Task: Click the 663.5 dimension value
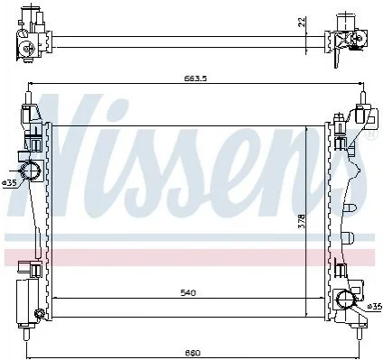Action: (195, 78)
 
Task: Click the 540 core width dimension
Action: (188, 292)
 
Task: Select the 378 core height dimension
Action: (302, 221)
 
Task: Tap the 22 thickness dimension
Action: (302, 22)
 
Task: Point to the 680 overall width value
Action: (192, 353)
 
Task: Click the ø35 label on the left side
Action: (8, 183)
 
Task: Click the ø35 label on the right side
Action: (375, 307)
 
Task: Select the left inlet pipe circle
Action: (30, 171)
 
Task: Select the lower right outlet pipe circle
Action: (346, 300)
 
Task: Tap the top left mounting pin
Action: (28, 97)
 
